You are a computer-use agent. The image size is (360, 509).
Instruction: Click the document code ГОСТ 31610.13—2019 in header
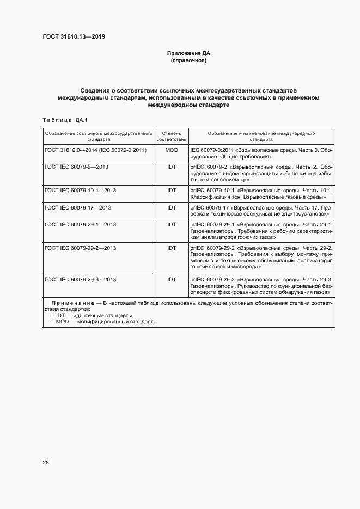74,37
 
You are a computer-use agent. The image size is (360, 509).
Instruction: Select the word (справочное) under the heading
188,60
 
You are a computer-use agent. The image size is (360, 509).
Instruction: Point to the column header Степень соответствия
172,136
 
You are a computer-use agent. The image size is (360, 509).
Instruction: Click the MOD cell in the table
172,150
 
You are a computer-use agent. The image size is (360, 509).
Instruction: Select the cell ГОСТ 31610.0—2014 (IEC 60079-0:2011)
96,150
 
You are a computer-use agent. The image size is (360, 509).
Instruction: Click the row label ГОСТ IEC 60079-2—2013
77,166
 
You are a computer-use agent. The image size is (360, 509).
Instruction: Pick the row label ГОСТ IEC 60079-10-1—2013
81,190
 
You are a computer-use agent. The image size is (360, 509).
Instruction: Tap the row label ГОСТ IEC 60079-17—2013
78,207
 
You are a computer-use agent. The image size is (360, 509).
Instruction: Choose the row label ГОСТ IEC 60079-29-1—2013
81,224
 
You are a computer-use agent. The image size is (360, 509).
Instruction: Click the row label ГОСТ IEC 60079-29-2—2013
81,248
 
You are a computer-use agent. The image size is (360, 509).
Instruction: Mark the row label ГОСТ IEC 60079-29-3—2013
81,279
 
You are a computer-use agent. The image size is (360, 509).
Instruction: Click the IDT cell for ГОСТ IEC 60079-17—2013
172,207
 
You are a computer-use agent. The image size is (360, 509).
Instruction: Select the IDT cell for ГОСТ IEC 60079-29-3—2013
172,279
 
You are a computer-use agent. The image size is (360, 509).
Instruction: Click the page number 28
46,462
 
